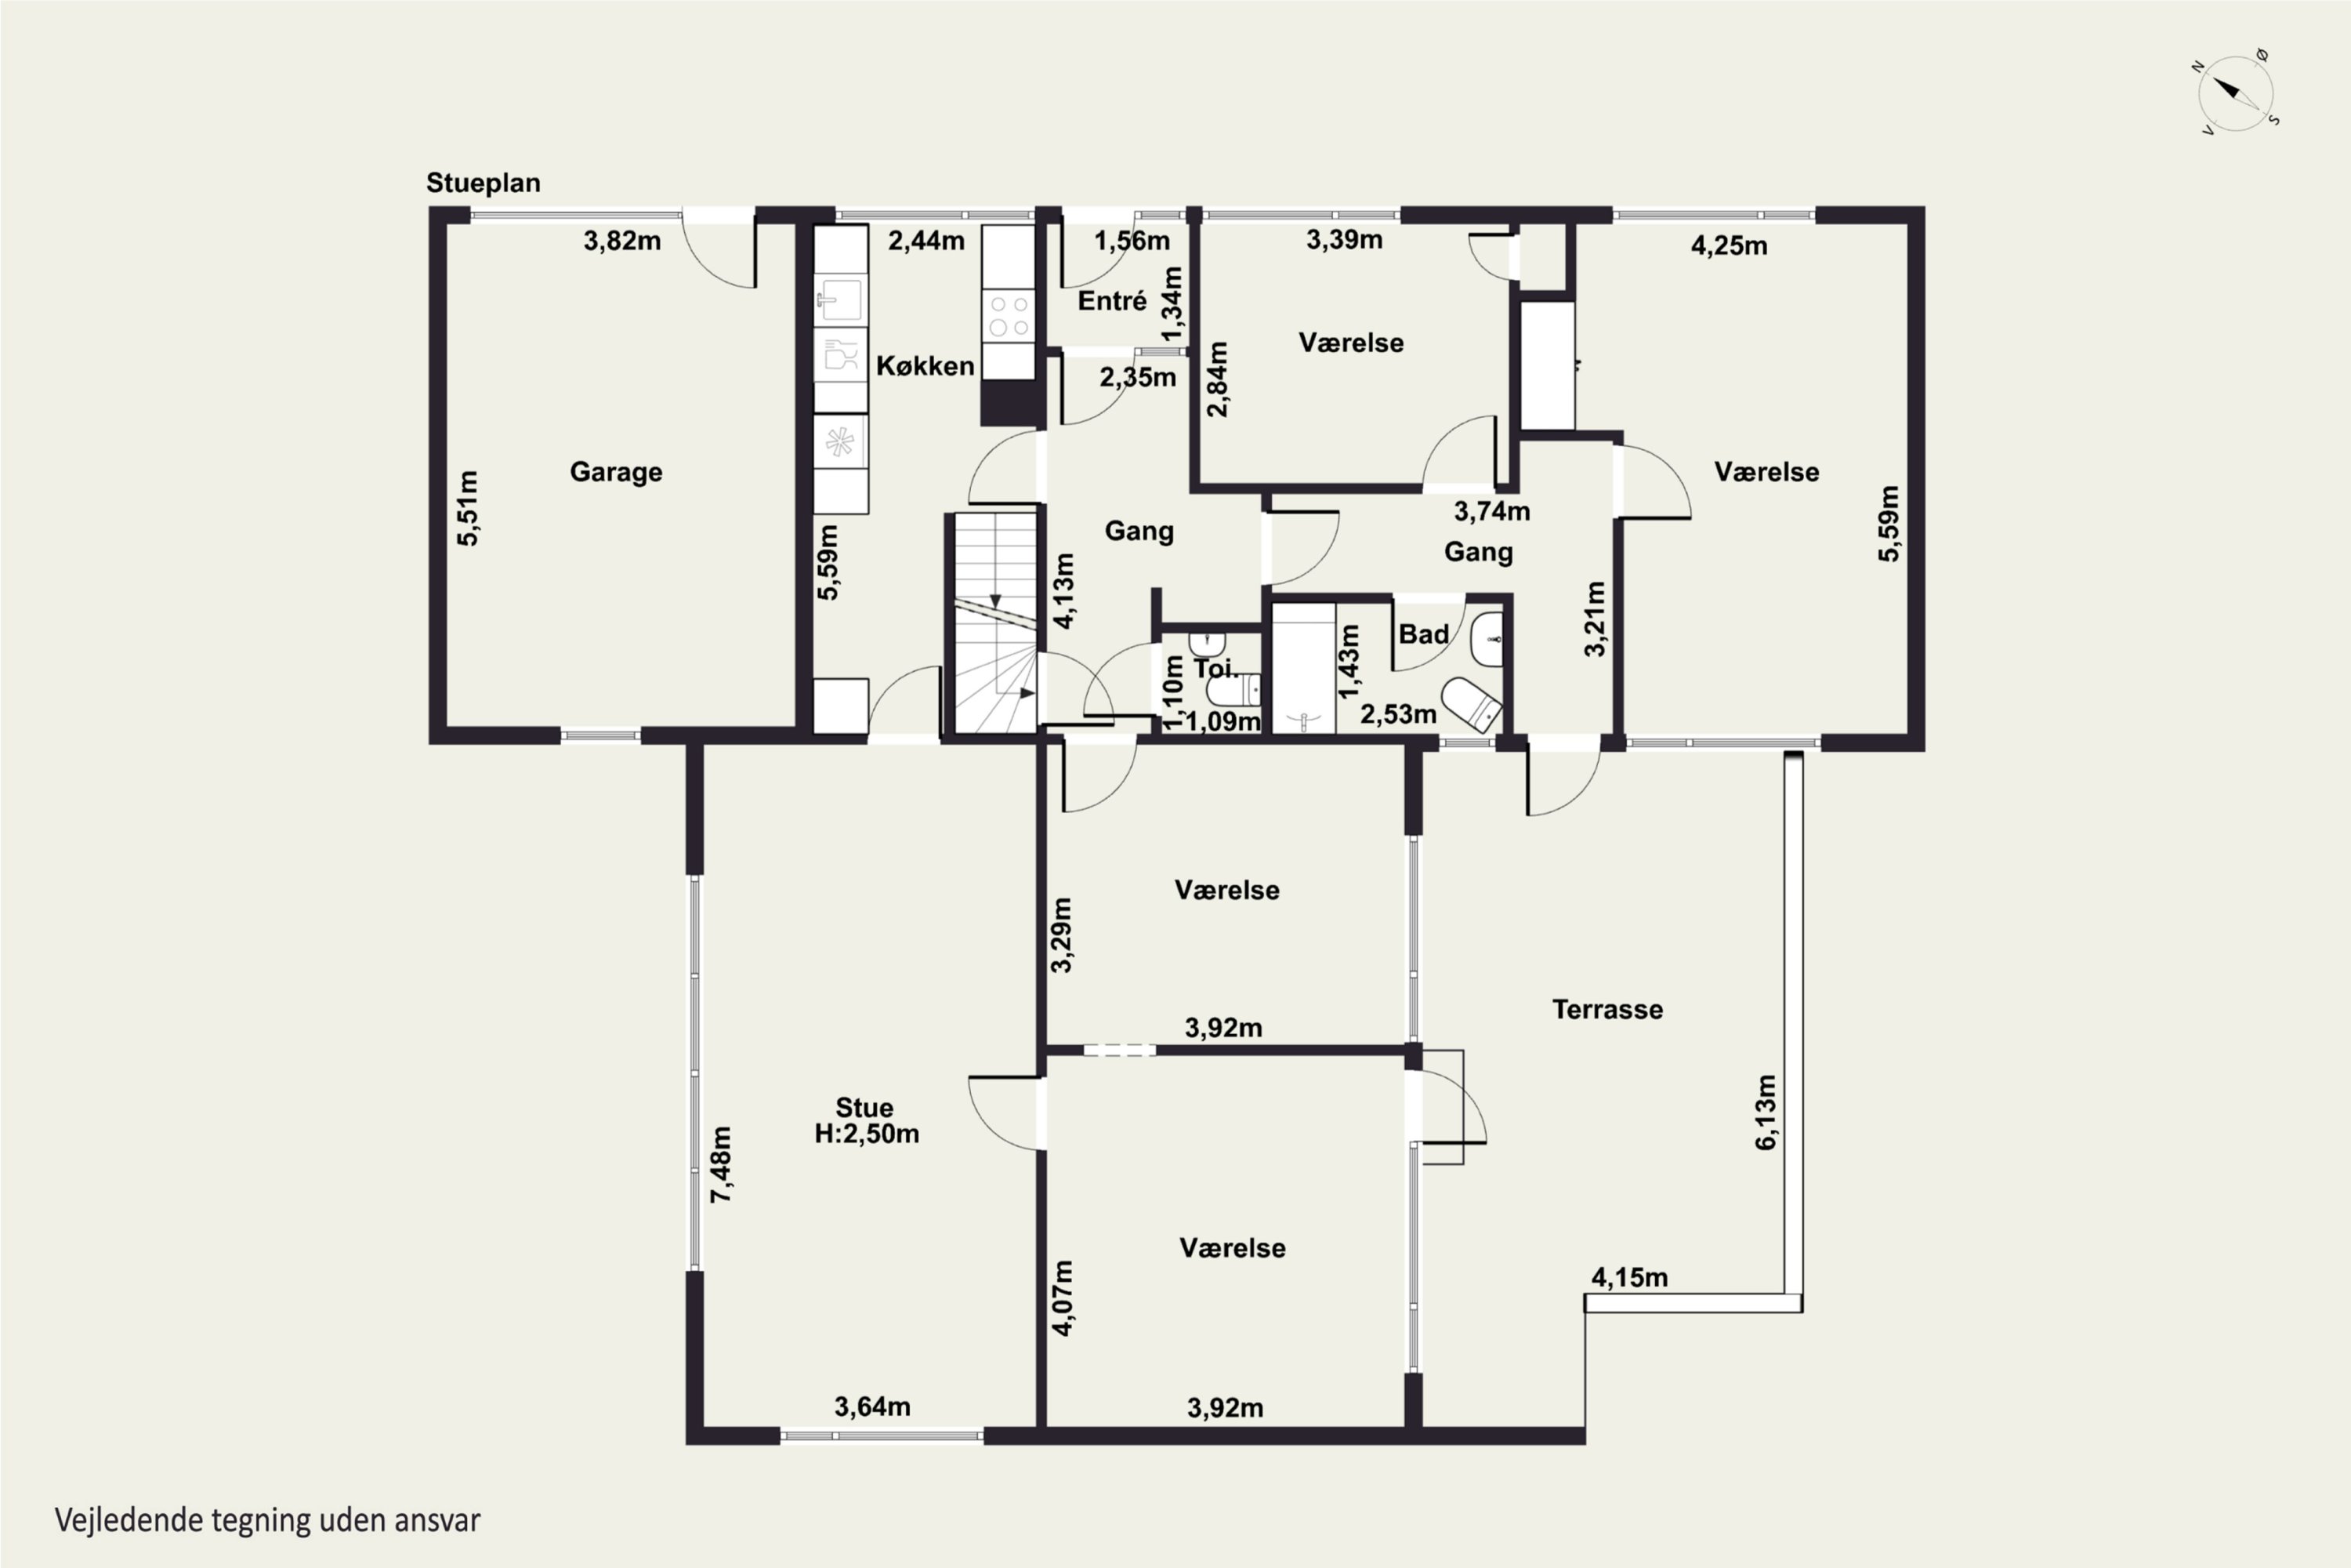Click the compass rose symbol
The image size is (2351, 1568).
[2235, 94]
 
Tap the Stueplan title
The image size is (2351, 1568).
[483, 183]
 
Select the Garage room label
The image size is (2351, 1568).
[616, 472]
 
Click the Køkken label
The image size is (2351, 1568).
[925, 366]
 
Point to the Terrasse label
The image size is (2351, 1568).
[1607, 1009]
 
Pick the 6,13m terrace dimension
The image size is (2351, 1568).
[1766, 1112]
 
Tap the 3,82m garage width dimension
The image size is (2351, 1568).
[621, 240]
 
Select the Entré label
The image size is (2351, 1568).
[1111, 301]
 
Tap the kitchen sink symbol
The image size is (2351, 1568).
[839, 299]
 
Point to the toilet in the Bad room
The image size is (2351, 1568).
[1472, 703]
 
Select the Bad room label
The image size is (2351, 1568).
[1423, 634]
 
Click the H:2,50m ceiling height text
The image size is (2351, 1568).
[867, 1134]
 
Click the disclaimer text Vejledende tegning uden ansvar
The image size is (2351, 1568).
[267, 1520]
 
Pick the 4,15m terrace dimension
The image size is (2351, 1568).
[1629, 1277]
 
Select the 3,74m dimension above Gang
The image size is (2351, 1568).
[1491, 511]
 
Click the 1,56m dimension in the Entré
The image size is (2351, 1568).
[1132, 241]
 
